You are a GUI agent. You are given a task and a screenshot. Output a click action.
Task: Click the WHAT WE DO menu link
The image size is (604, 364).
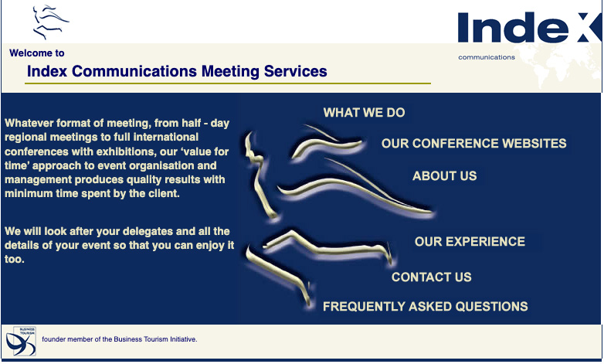pos(364,113)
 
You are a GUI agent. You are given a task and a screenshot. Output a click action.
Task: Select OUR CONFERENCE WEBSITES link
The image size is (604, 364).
pos(473,144)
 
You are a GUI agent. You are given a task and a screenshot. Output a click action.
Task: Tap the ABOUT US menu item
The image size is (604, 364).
pos(445,176)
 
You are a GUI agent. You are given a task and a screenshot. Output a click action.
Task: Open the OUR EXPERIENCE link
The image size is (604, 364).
pos(470,241)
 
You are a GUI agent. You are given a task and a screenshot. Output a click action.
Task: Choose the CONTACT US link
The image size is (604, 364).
pos(432,277)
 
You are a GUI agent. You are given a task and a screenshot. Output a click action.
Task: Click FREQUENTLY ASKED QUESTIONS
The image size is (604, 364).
pos(426,306)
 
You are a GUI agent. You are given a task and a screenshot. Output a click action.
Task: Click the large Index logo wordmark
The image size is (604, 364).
pos(530,27)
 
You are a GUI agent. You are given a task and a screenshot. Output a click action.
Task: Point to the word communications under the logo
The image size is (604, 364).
pos(487,57)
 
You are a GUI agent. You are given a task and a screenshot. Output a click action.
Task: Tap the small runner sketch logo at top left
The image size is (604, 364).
pos(50,22)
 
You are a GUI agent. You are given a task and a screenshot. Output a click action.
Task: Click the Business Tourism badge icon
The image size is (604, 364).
pos(21,341)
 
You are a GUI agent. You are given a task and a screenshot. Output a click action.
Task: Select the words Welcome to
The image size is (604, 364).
pos(37,53)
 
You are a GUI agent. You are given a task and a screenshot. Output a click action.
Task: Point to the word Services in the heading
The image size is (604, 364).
pos(296,71)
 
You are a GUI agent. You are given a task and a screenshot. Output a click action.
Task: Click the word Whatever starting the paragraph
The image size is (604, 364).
pos(29,123)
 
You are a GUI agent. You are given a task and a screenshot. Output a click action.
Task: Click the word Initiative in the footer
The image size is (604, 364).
pos(183,339)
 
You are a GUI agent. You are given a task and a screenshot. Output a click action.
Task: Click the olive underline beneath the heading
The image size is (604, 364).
pos(228,83)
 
